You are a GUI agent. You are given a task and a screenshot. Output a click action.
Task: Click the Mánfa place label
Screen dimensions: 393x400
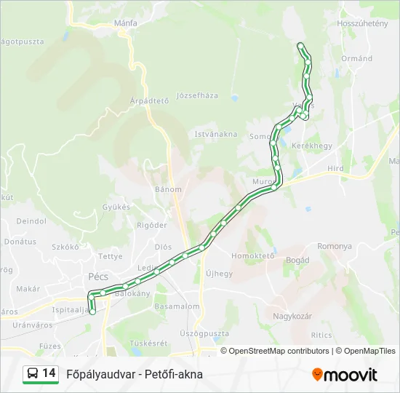[x=126, y=23]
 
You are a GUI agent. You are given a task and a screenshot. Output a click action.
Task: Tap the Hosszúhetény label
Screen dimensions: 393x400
[x=362, y=23]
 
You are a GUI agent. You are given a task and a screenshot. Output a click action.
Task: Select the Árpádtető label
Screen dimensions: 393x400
[x=149, y=100]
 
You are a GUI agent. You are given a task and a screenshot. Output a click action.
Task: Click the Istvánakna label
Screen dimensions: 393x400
[x=215, y=134]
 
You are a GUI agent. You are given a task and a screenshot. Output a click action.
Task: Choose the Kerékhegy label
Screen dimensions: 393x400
[x=311, y=146]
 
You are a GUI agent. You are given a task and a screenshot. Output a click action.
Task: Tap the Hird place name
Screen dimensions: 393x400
[x=336, y=167]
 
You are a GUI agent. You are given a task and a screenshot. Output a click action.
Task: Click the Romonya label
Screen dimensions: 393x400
[x=335, y=247]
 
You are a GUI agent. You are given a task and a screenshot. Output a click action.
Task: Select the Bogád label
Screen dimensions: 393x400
[x=298, y=260]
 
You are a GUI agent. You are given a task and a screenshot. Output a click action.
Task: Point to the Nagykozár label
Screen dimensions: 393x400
[x=292, y=316]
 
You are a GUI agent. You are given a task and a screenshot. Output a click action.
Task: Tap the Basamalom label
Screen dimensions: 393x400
[x=177, y=306]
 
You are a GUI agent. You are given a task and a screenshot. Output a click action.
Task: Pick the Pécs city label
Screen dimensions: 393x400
[x=97, y=277]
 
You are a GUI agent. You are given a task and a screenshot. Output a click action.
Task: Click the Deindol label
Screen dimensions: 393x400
[x=31, y=221]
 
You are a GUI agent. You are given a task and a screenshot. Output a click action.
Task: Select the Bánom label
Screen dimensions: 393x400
[x=168, y=189]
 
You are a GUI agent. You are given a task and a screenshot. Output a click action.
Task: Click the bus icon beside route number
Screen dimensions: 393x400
[x=33, y=374]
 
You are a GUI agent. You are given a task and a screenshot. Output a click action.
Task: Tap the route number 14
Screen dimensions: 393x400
[x=49, y=373]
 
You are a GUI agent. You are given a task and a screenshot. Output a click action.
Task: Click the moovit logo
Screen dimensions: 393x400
[x=345, y=375]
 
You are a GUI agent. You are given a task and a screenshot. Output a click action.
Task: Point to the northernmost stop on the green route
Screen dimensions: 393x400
[x=301, y=46]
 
